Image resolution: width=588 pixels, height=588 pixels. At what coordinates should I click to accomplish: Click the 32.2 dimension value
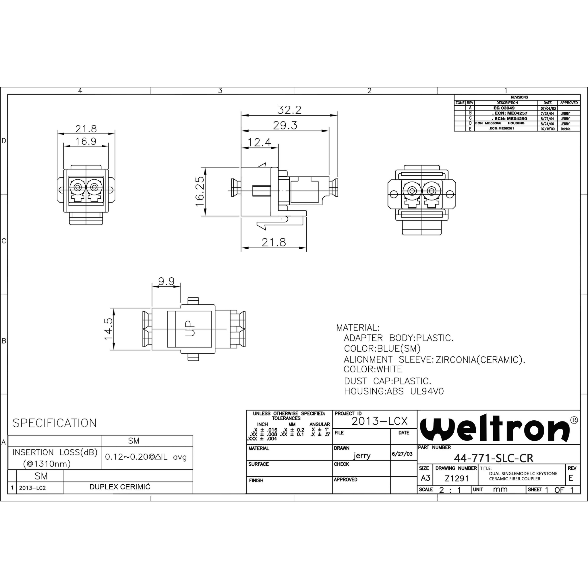[289, 110]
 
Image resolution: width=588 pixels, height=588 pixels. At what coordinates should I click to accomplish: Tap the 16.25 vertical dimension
[200, 192]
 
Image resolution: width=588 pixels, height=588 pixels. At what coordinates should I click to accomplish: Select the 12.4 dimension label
[259, 142]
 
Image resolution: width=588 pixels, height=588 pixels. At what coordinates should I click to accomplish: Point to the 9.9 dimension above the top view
[166, 281]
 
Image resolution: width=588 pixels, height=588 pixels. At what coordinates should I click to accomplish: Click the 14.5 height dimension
[109, 329]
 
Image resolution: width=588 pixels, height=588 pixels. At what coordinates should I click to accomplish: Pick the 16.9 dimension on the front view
[86, 141]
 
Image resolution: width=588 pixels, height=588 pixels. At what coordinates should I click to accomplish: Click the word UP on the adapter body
[190, 328]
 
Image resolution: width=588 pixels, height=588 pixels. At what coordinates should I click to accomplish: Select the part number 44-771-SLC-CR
[493, 458]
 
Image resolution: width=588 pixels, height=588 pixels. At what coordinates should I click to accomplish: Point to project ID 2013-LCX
[379, 421]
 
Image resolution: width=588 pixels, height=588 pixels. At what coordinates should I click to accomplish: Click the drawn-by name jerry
[362, 456]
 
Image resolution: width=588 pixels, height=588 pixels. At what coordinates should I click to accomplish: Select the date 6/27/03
[402, 454]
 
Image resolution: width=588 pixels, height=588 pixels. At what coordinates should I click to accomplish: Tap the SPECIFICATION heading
[55, 423]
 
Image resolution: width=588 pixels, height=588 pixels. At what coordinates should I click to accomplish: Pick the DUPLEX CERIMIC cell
[120, 487]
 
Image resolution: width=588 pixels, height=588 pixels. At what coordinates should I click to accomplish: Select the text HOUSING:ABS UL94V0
[394, 391]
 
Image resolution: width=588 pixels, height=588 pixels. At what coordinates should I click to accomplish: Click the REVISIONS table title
[519, 97]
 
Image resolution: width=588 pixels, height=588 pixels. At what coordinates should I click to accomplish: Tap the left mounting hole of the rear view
[393, 194]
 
